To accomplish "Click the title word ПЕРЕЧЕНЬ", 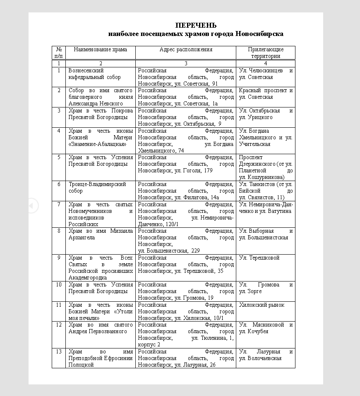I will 196,26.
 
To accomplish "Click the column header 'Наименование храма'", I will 101,50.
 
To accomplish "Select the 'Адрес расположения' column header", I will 186,50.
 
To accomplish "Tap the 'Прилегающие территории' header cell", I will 265,53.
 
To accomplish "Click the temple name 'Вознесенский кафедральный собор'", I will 94,74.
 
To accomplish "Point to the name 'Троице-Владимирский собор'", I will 97,187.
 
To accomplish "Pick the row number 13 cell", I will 59,352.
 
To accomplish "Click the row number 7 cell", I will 59,205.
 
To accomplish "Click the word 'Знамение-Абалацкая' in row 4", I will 97,144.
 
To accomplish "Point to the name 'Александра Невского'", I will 96,104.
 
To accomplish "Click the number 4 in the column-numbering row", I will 266,64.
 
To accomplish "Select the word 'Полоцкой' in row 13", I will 81,365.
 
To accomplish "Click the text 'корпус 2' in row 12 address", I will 149,345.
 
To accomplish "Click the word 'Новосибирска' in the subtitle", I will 259,34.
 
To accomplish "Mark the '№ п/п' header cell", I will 59,53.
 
